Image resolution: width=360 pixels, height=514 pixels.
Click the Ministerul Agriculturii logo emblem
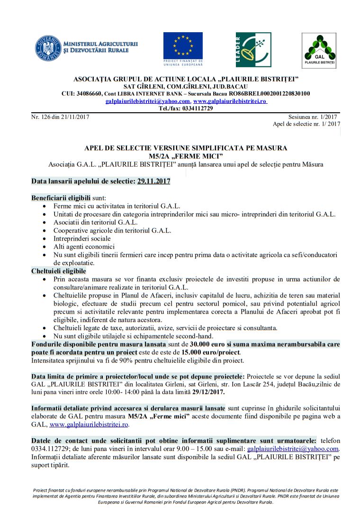click(x=48, y=48)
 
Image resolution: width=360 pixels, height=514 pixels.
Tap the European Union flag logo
click(x=183, y=45)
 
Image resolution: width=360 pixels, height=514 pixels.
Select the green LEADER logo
click(x=253, y=50)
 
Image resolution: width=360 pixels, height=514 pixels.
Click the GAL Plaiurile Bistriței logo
click(x=319, y=50)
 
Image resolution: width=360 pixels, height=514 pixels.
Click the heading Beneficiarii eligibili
click(x=61, y=197)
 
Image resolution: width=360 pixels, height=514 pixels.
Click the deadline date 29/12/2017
click(x=209, y=392)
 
